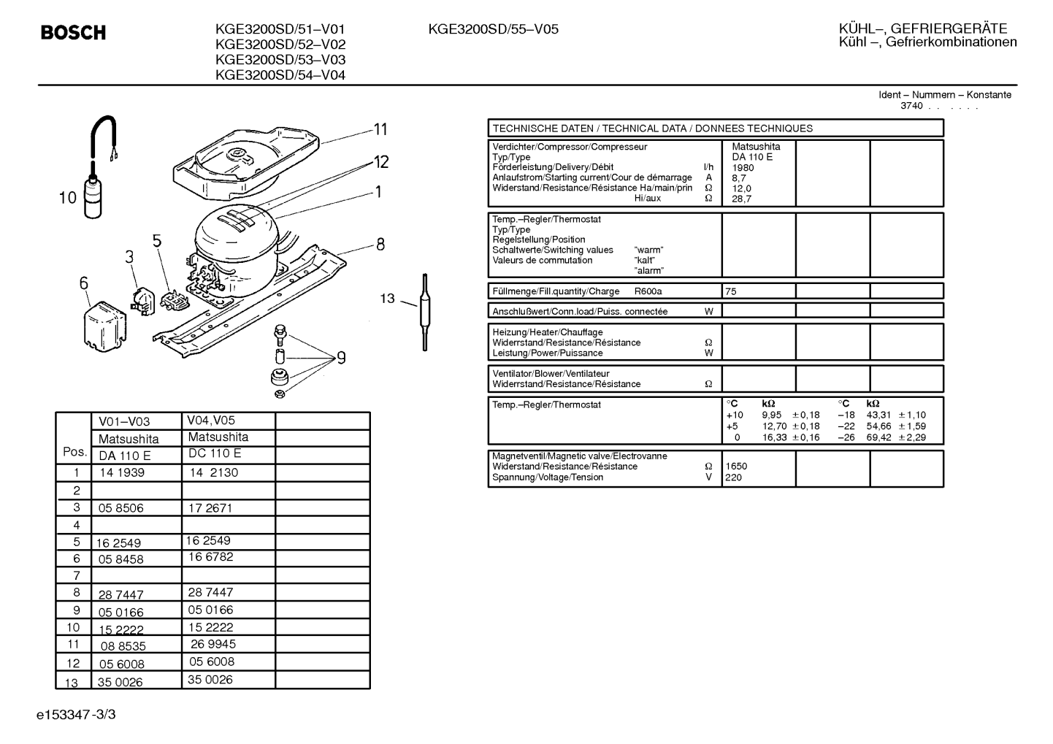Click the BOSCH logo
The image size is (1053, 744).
pos(73,32)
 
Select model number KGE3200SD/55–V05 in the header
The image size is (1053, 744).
pos(493,29)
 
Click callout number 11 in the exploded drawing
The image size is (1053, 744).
pos(380,129)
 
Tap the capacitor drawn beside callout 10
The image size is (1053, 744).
pos(93,196)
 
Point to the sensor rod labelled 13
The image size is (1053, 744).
pos(425,312)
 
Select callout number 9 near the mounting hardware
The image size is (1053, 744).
pos(341,358)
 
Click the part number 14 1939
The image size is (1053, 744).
pos(122,473)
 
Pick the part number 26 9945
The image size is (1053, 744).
pos(213,644)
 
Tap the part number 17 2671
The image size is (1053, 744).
pos(210,508)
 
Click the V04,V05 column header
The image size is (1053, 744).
pos(210,420)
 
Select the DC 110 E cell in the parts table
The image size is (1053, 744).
pos(215,453)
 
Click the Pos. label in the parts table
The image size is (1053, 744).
pos(74,452)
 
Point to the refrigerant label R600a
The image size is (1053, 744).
pos(648,291)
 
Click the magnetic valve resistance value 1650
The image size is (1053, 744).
pos(736,467)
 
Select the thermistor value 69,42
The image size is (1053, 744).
pos(878,437)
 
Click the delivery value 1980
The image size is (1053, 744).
pos(743,168)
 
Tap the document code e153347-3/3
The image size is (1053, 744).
pos(76,715)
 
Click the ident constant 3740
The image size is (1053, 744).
pos(911,106)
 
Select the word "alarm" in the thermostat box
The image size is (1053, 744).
pos(648,271)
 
